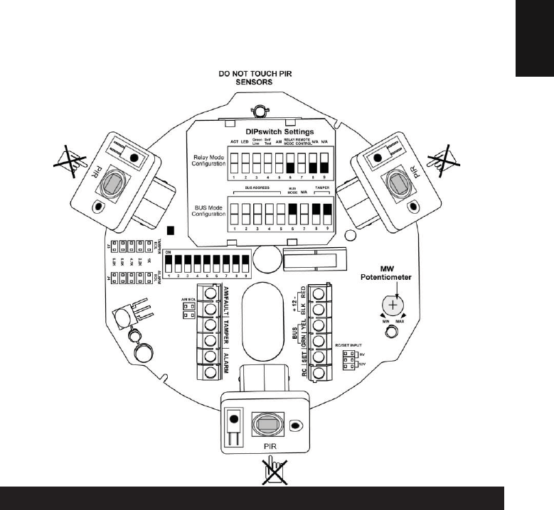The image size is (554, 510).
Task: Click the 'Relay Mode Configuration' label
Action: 210,161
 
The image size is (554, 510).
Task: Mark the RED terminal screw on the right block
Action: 319,293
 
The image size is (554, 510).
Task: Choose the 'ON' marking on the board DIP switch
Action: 168,252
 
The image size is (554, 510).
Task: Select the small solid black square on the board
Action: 170,230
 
